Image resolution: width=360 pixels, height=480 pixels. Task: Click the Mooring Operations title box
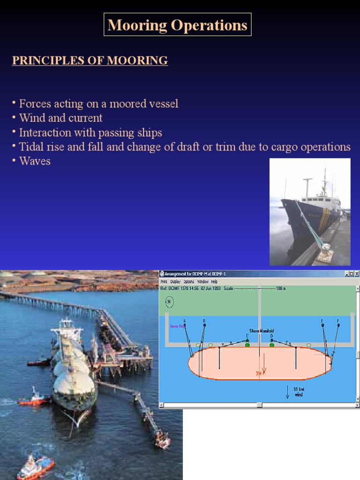(177, 25)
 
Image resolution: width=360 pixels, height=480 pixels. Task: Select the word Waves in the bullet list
(35, 161)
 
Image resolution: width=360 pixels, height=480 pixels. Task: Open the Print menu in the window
(164, 282)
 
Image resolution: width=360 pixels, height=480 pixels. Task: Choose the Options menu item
(188, 282)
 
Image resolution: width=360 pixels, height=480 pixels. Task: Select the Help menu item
(214, 282)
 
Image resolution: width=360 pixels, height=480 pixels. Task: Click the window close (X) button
(356, 274)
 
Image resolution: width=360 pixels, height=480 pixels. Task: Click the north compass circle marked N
(169, 302)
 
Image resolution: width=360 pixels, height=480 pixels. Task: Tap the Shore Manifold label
(262, 331)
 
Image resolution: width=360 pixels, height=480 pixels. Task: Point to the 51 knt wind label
(299, 392)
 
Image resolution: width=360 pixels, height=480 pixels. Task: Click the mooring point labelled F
(338, 324)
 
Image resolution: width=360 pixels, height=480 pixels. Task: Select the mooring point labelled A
(185, 324)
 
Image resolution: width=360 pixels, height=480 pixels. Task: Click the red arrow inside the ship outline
(264, 368)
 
